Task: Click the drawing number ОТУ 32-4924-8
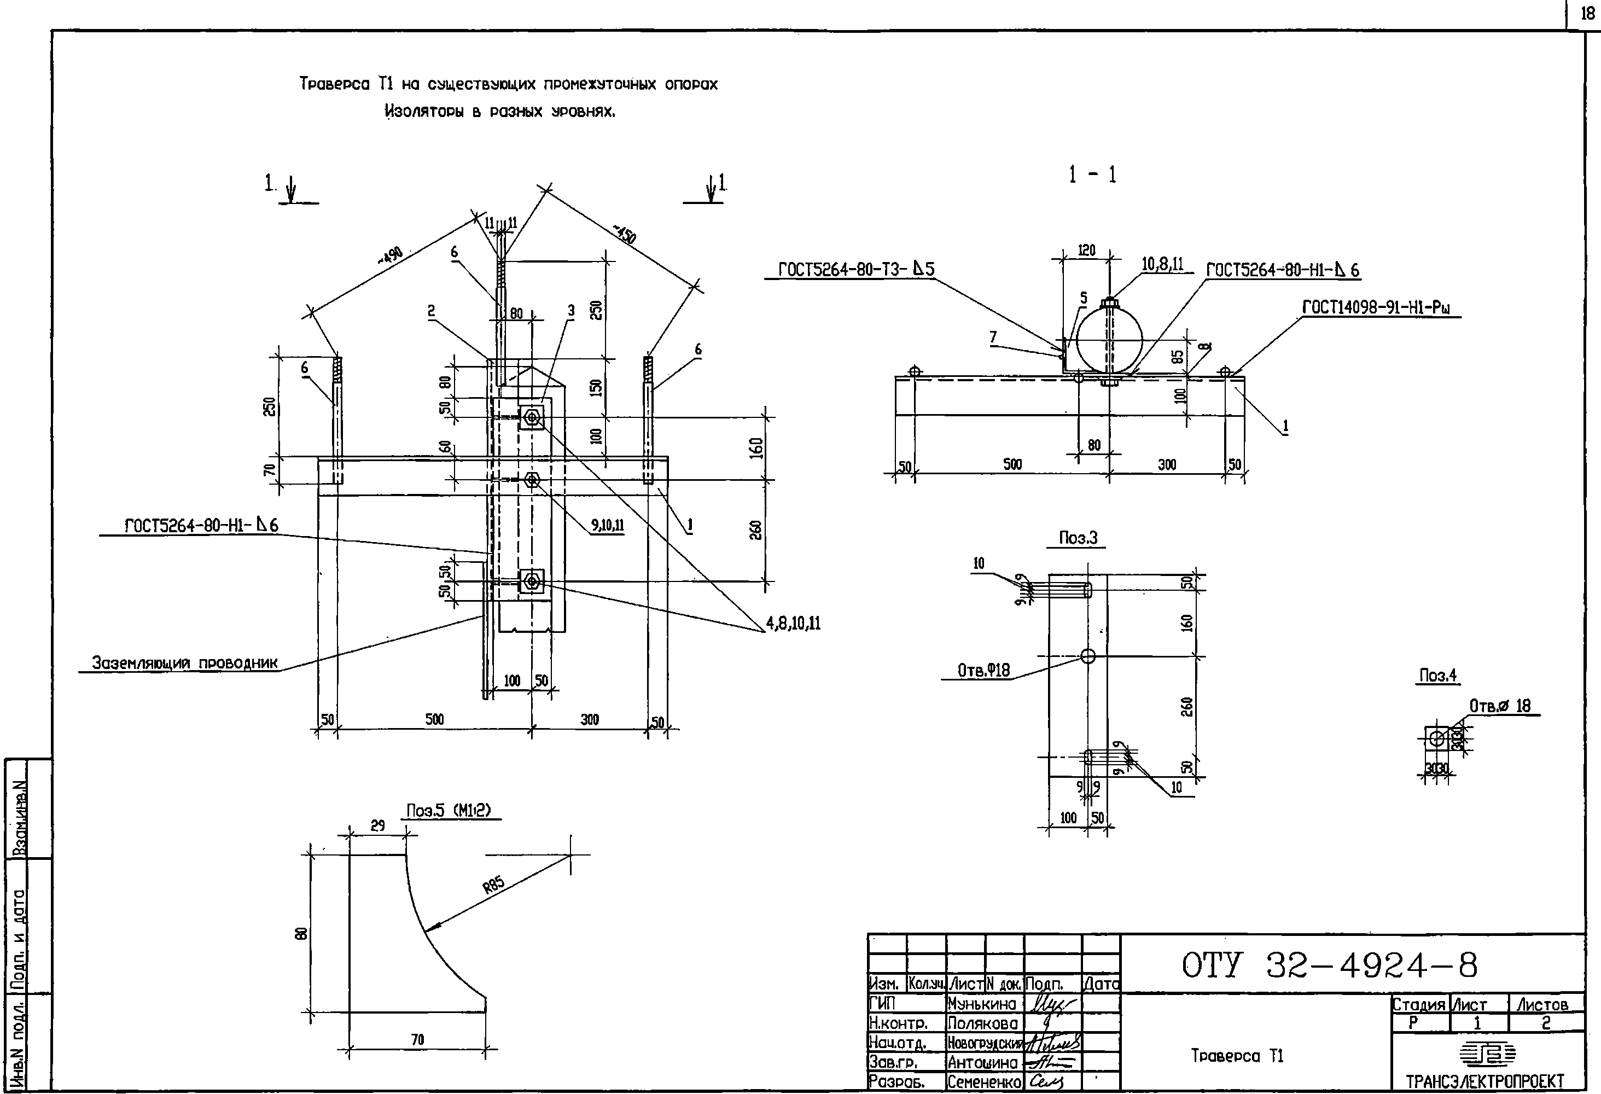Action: [x=1330, y=967]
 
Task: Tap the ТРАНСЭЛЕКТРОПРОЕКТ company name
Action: [x=1485, y=1081]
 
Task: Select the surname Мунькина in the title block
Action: [x=982, y=1004]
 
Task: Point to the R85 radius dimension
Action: [x=493, y=885]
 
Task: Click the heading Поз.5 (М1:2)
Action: [x=449, y=811]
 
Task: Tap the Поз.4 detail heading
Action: [x=1439, y=676]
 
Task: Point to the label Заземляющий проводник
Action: [x=185, y=663]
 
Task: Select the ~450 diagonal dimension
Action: [x=624, y=234]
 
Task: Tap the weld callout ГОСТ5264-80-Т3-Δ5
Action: [x=855, y=269]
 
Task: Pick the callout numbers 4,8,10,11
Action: [x=794, y=624]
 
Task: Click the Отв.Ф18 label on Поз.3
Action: [x=984, y=670]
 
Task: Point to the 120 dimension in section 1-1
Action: [x=1086, y=251]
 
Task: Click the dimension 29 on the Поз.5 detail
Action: [x=377, y=825]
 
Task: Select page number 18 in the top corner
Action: [x=1587, y=14]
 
